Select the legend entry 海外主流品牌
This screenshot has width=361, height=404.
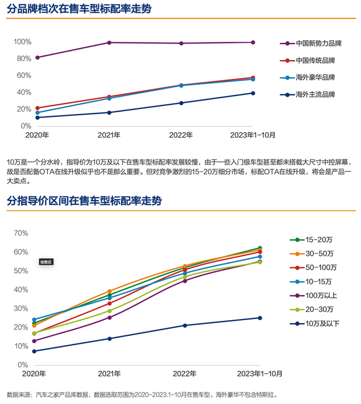315,94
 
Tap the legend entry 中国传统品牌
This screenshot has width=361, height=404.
315,60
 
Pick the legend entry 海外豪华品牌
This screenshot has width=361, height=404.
315,77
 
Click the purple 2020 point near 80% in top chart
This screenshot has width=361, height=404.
37,58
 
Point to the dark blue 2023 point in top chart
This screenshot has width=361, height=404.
253,93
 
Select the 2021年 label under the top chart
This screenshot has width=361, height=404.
109,135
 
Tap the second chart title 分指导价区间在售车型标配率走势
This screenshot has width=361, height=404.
84,201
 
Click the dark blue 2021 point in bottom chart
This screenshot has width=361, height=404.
109,339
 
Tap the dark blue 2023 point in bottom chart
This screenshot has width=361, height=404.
260,318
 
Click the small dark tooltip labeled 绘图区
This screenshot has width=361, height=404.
46,262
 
